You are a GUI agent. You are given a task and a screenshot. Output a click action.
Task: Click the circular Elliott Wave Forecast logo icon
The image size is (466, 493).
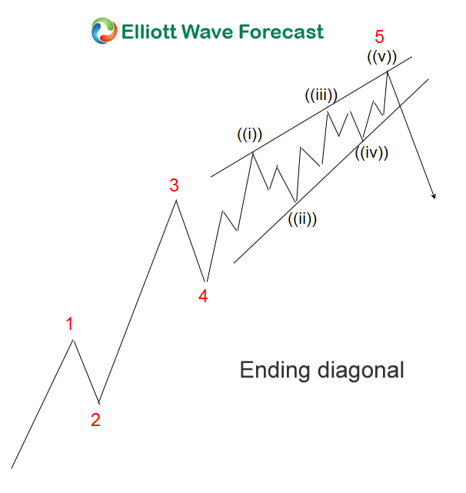click(105, 32)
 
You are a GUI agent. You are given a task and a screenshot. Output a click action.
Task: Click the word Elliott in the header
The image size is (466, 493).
click(150, 32)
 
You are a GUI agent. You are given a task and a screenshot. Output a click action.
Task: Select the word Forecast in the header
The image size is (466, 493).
click(281, 32)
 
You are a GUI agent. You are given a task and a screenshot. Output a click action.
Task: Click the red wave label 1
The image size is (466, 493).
click(70, 324)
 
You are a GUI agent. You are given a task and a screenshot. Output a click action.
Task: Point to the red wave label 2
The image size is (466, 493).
click(95, 420)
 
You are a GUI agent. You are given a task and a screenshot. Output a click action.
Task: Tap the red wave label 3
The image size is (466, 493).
click(175, 185)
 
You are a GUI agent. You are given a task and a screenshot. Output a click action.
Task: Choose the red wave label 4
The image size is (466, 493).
click(203, 295)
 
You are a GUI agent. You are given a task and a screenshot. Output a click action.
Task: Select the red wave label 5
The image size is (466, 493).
click(379, 36)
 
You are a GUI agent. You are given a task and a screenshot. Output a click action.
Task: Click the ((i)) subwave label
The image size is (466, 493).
click(249, 135)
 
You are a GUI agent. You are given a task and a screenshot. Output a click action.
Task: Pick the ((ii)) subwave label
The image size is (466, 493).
click(302, 218)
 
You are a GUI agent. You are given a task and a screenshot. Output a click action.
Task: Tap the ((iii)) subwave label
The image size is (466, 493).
click(321, 96)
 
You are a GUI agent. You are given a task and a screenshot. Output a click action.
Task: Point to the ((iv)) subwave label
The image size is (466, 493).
click(371, 152)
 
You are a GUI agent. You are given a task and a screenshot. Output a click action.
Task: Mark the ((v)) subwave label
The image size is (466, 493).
click(383, 56)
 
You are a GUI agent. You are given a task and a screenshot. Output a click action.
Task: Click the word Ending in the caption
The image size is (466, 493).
click(275, 370)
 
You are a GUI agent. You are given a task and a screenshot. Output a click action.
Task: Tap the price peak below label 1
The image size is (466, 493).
click(74, 339)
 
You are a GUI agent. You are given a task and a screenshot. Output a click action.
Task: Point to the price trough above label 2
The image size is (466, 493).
click(98, 401)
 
